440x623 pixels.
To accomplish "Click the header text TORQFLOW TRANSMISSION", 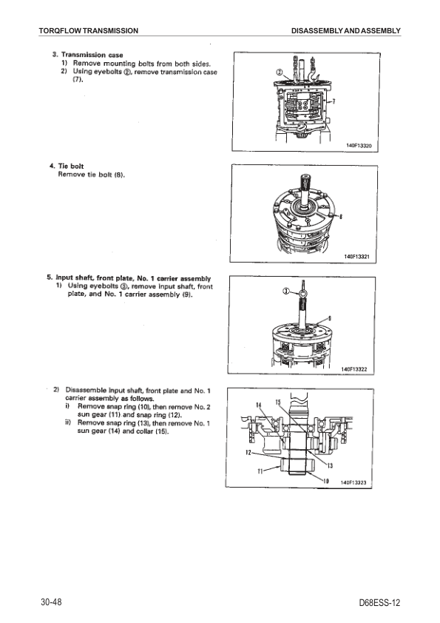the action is pyautogui.click(x=89, y=30).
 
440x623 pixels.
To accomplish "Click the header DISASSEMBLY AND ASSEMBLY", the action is pyautogui.click(x=346, y=30).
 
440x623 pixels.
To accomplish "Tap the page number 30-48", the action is pyautogui.click(x=51, y=602).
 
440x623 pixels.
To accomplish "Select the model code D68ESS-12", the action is pyautogui.click(x=379, y=603).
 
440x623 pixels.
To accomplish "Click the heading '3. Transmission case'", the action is pyautogui.click(x=88, y=55).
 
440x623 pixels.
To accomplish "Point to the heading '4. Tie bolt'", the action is pyautogui.click(x=67, y=166).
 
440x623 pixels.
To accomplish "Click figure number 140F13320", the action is pyautogui.click(x=359, y=146).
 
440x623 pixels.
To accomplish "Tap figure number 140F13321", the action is pyautogui.click(x=357, y=257).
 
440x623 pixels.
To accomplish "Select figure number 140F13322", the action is pyautogui.click(x=354, y=369).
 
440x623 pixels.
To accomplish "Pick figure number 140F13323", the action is pyautogui.click(x=353, y=482).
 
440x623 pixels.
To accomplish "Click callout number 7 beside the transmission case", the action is pyautogui.click(x=334, y=101).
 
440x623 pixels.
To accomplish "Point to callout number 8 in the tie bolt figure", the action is pyautogui.click(x=341, y=217).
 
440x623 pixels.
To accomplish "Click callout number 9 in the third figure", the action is pyautogui.click(x=330, y=318).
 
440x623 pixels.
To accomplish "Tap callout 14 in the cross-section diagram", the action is pyautogui.click(x=259, y=405).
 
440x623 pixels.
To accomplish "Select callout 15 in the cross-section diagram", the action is pyautogui.click(x=278, y=402).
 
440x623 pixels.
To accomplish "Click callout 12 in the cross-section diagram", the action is pyautogui.click(x=248, y=453).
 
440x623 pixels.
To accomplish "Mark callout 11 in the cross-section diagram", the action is pyautogui.click(x=260, y=471).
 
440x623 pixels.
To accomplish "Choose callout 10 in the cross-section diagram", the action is pyautogui.click(x=326, y=481).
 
